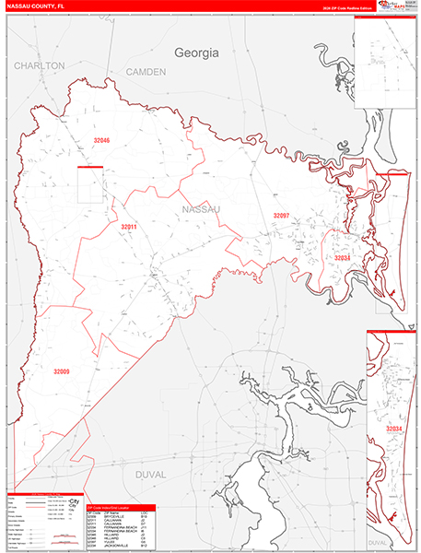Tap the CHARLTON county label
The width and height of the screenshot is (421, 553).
(39, 66)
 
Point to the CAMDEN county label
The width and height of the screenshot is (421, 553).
(145, 71)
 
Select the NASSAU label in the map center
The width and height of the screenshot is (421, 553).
(202, 210)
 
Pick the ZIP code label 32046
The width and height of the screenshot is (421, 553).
(101, 141)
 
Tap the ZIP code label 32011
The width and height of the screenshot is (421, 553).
(128, 227)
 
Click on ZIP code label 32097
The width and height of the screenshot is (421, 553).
(281, 215)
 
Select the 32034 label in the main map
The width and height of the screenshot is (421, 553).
(342, 258)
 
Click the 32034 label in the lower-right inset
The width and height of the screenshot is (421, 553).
(394, 429)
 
